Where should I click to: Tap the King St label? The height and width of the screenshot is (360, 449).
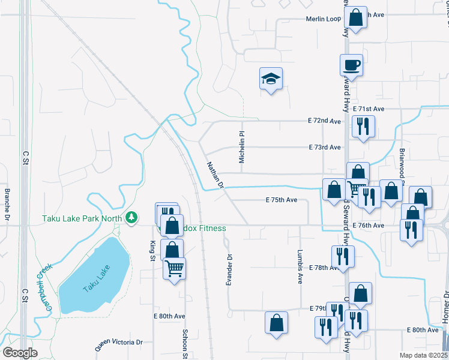[x=152, y=251]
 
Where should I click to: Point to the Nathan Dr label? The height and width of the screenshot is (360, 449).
[x=215, y=175]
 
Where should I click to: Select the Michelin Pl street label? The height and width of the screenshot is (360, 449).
[x=242, y=148]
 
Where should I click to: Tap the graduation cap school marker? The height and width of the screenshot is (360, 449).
[x=271, y=78]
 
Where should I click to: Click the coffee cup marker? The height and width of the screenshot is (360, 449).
[x=351, y=65]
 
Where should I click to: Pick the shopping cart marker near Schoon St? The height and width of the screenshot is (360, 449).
[x=174, y=268]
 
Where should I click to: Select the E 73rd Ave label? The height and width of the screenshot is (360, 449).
[x=325, y=147]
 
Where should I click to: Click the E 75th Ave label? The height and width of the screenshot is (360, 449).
[x=282, y=200]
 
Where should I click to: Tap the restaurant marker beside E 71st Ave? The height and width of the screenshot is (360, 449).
[x=363, y=126]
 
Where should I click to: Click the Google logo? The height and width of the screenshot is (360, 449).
[x=20, y=352]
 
